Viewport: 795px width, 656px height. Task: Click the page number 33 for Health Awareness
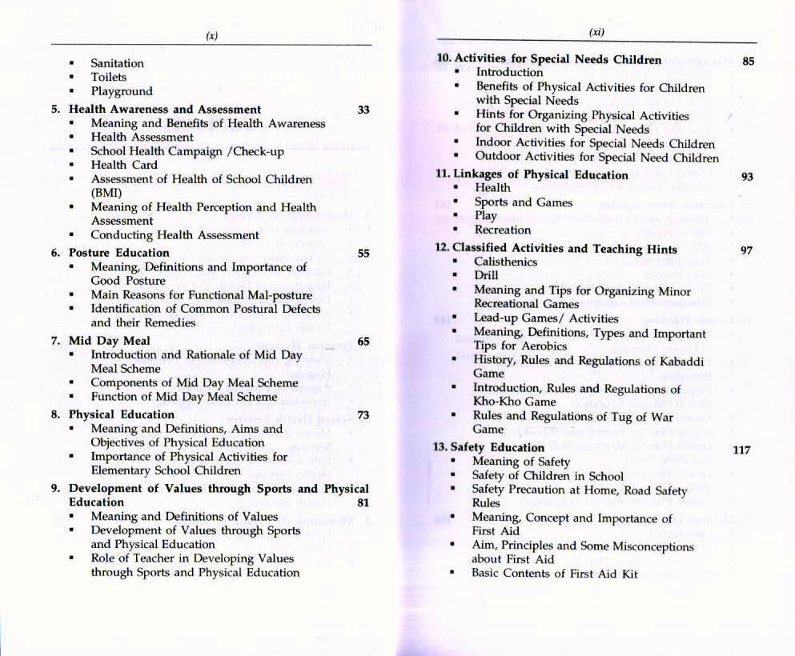click(363, 110)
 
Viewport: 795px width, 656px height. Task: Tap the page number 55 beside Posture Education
click(363, 254)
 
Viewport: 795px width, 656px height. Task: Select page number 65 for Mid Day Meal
click(363, 342)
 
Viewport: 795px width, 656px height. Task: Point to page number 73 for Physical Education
click(363, 415)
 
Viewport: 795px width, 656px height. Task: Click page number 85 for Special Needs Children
click(749, 61)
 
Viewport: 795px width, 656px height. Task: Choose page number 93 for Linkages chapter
click(747, 176)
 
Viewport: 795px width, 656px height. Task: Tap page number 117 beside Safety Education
click(741, 450)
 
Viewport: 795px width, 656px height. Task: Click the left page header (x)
click(211, 35)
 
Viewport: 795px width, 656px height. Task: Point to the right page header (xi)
click(596, 33)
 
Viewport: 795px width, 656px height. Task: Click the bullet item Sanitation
click(117, 63)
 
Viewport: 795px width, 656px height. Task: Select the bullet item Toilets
click(108, 77)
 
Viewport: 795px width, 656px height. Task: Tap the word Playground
click(121, 91)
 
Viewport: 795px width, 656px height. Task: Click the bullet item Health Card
click(124, 165)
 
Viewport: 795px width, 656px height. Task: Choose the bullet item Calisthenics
click(505, 262)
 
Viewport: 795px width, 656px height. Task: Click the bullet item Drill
click(486, 275)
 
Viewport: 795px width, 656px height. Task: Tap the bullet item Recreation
click(502, 230)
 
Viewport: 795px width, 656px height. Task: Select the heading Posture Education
click(119, 253)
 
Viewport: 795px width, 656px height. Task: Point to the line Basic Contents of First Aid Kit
click(554, 574)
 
